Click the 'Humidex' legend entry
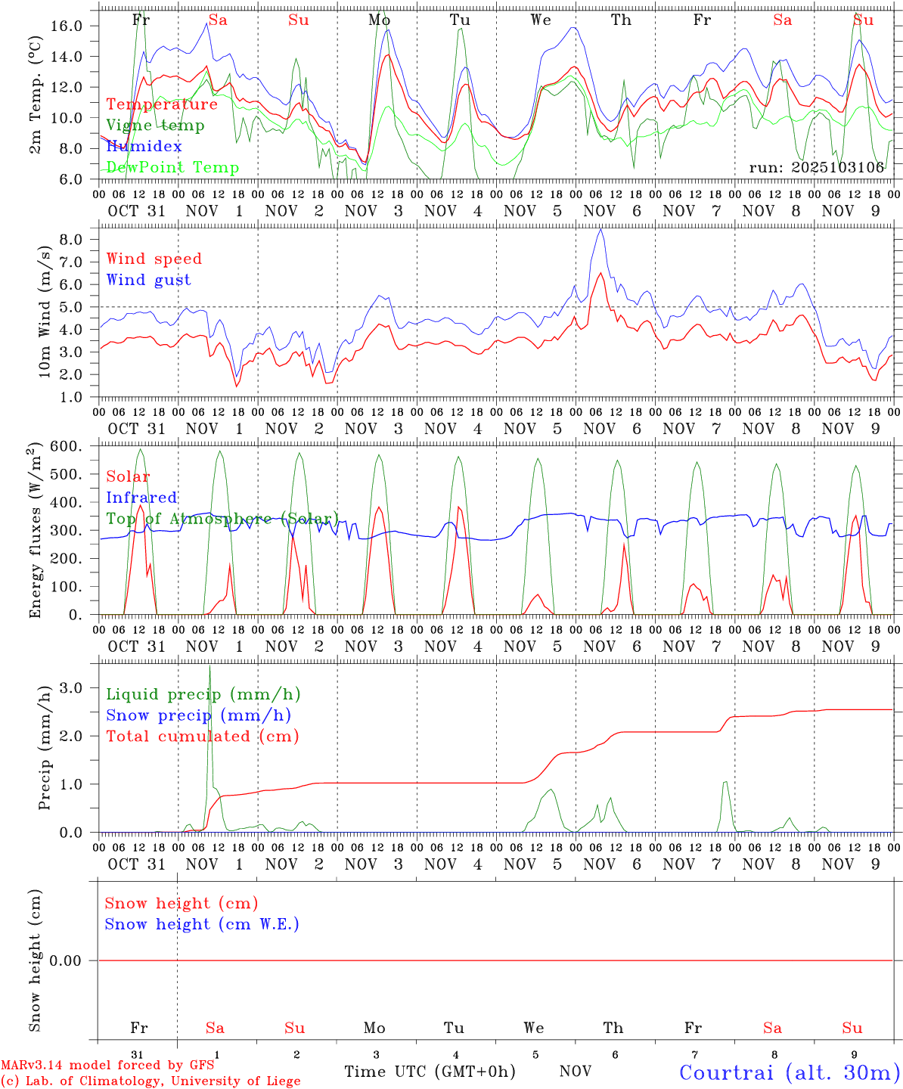[144, 146]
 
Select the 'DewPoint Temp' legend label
[172, 167]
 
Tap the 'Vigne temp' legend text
[155, 125]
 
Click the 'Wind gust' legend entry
[148, 280]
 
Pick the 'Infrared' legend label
[141, 498]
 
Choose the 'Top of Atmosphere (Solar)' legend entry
[222, 519]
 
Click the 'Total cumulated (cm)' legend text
[202, 736]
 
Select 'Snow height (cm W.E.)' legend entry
[202, 924]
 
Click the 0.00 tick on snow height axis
[65, 960]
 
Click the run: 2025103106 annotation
[816, 167]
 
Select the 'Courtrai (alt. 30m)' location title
[790, 1072]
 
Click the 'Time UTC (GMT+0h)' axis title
[430, 1072]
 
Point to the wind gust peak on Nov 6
[600, 229]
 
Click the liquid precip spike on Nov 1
[209, 667]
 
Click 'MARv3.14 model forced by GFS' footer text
[107, 1065]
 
